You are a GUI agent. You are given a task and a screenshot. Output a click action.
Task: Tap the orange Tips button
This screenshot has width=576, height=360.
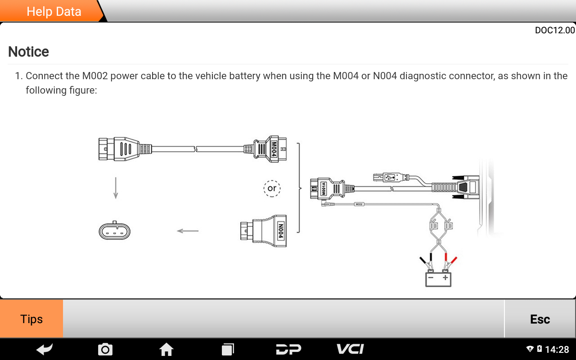(x=31, y=319)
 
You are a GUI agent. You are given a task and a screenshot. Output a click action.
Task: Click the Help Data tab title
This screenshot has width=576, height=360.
(x=54, y=12)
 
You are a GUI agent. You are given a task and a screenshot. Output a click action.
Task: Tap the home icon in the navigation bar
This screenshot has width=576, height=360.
(x=166, y=349)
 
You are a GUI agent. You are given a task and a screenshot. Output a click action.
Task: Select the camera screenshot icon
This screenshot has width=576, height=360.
(x=105, y=349)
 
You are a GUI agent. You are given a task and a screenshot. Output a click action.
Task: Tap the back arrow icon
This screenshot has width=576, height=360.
(x=45, y=349)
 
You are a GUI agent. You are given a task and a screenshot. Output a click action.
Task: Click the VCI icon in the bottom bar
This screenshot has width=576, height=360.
(x=350, y=349)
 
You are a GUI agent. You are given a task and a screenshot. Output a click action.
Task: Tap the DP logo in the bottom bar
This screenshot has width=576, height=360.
(x=288, y=349)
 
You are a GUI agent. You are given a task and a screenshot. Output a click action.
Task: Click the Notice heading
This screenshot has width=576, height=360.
(x=28, y=52)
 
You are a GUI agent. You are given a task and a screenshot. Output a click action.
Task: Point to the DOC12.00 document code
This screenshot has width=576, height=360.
(x=554, y=30)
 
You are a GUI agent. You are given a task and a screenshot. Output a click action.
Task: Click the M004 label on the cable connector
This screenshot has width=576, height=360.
(x=274, y=149)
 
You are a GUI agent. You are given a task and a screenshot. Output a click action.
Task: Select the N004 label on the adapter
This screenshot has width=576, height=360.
(x=280, y=231)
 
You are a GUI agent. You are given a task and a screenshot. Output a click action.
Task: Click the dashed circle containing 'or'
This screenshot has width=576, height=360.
(x=272, y=188)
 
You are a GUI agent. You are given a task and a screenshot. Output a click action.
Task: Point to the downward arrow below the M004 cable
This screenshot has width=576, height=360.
(x=116, y=188)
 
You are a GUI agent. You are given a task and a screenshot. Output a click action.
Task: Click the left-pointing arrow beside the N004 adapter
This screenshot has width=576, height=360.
(x=188, y=231)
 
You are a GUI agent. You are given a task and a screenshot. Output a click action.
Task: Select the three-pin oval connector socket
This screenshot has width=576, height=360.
(x=115, y=231)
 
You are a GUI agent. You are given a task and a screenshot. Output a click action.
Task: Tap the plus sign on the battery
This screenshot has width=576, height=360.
(x=445, y=278)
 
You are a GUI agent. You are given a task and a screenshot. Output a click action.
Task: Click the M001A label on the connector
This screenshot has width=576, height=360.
(x=323, y=189)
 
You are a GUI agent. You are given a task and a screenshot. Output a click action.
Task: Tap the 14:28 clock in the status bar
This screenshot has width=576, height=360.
(x=557, y=350)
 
